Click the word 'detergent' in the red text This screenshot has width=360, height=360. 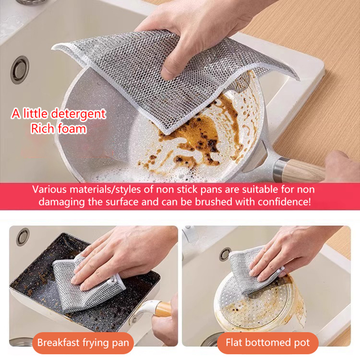pyautogui.click(x=78, y=114)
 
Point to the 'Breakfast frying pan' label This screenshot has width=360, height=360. pyautogui.click(x=83, y=342)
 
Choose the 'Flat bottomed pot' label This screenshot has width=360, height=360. pyautogui.click(x=268, y=342)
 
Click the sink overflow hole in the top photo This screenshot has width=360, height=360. pyautogui.click(x=20, y=70)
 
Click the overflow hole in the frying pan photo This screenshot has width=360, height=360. pyautogui.click(x=23, y=237)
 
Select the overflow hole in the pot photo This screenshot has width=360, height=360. pyautogui.click(x=225, y=254)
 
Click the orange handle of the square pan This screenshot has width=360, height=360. pyautogui.click(x=163, y=309)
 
